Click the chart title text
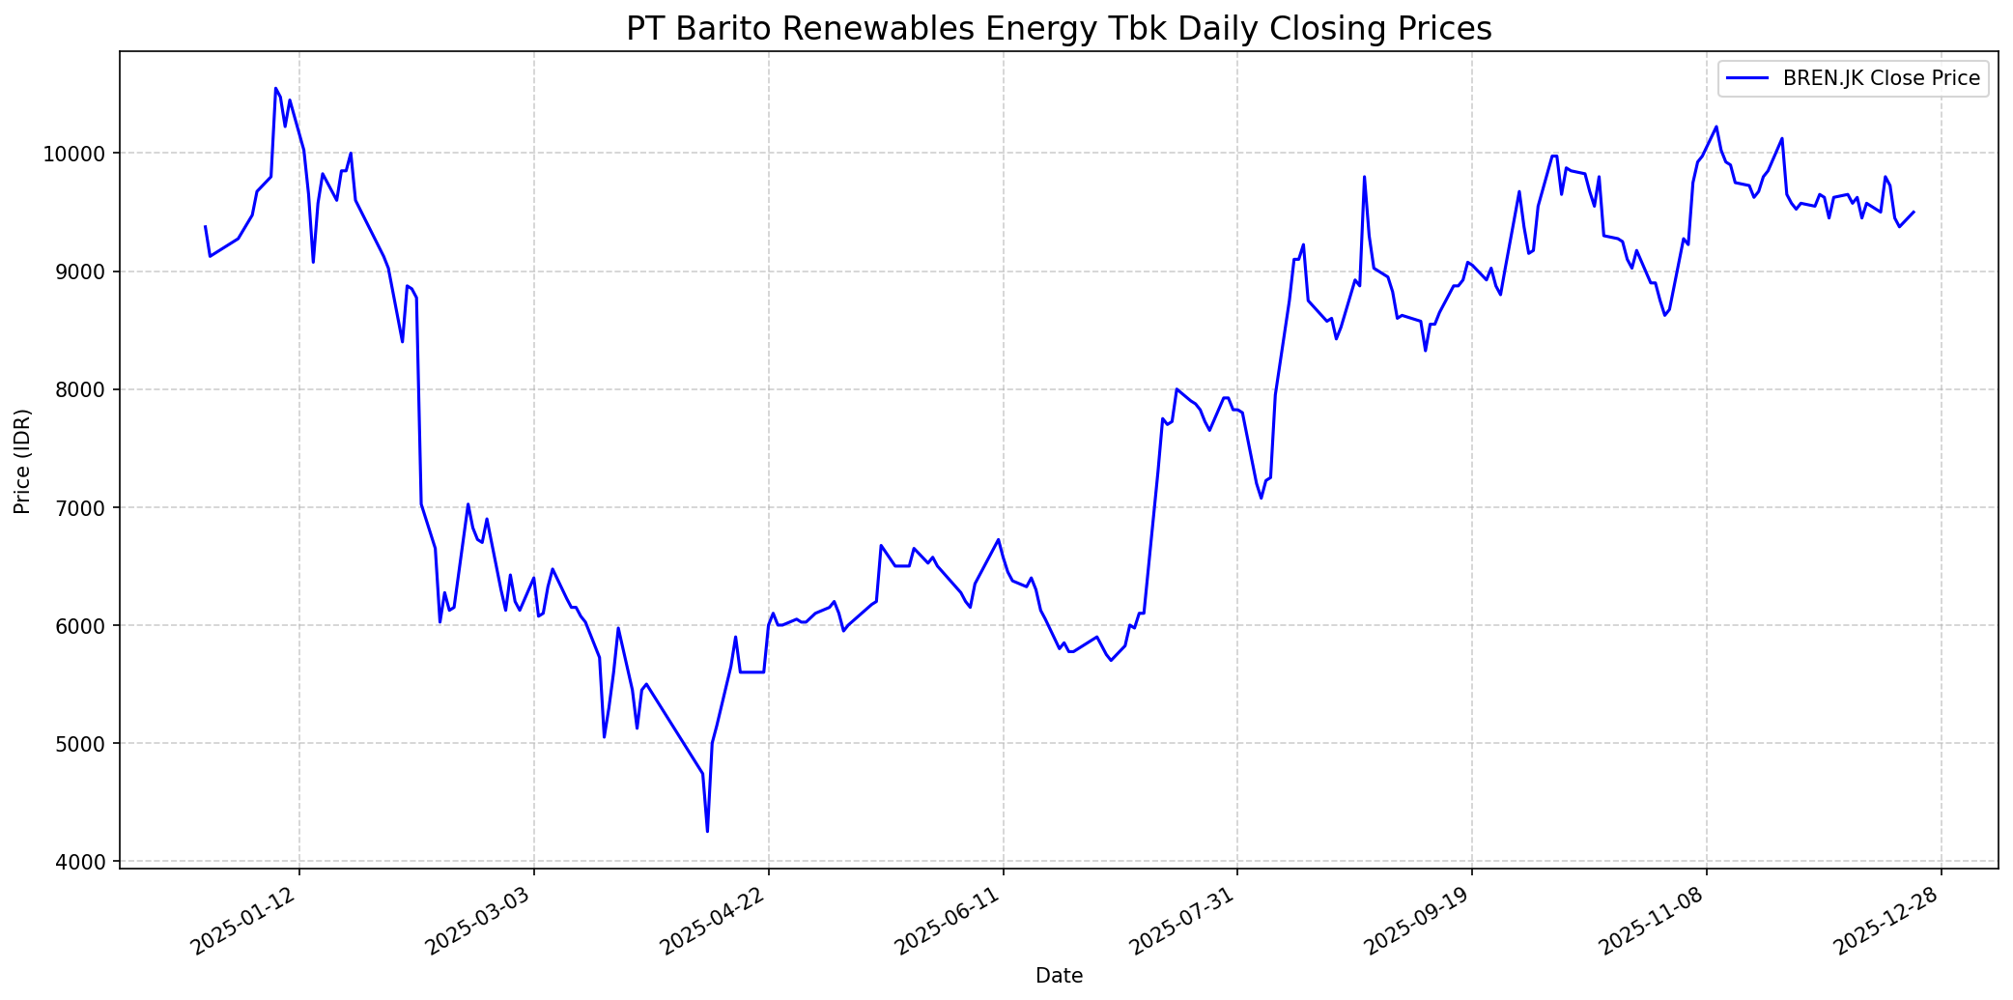click(1059, 28)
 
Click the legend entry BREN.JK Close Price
click(1881, 78)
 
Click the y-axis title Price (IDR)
click(22, 461)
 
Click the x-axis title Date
click(1059, 976)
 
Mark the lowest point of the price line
click(707, 831)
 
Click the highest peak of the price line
click(275, 88)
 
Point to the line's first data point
click(205, 226)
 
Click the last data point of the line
click(1914, 212)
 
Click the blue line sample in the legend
click(1749, 78)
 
